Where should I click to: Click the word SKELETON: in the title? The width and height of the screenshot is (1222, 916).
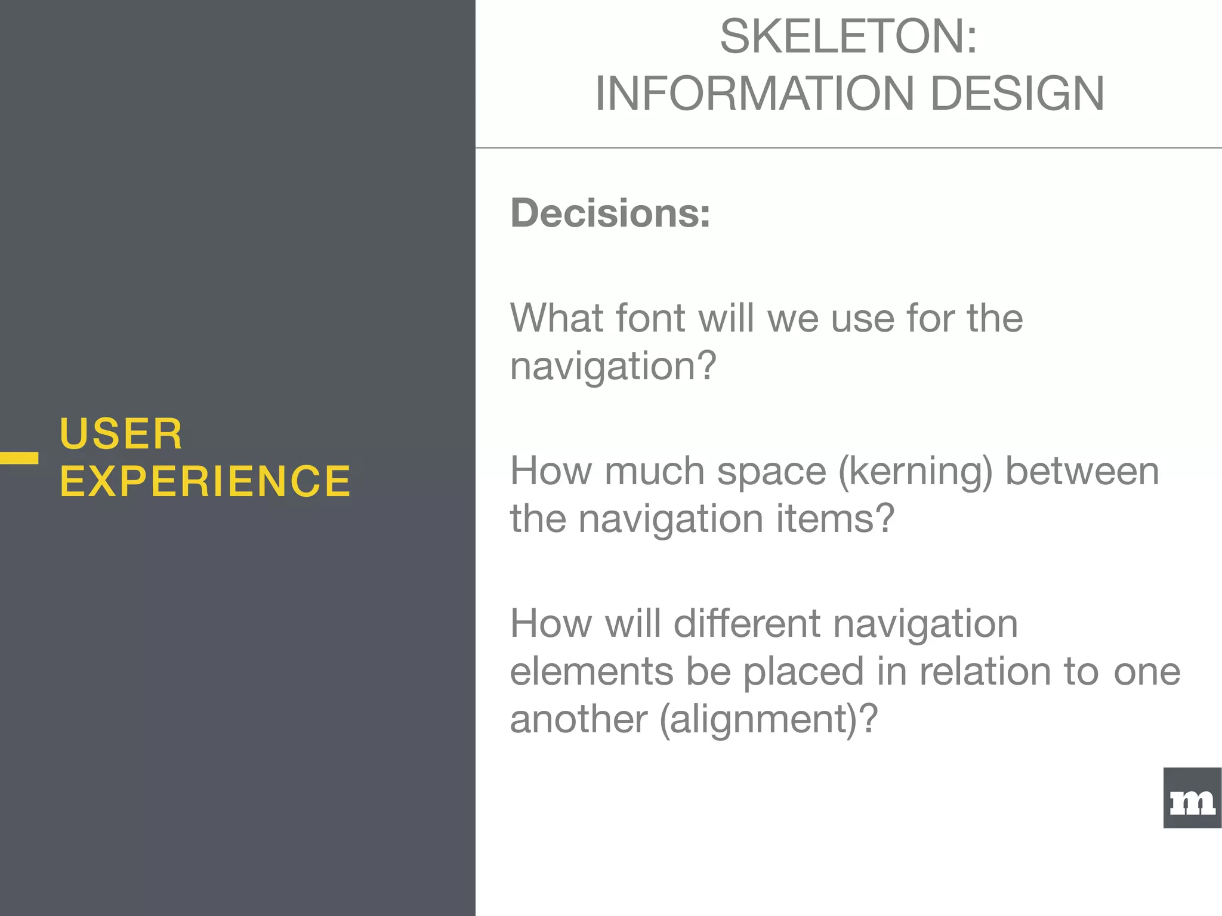(848, 37)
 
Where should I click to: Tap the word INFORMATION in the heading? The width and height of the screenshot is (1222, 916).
(754, 94)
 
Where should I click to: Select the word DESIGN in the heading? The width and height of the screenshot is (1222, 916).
(1017, 94)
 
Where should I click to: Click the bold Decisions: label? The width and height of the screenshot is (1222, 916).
(610, 213)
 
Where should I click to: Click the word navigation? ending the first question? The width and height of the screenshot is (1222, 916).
(613, 366)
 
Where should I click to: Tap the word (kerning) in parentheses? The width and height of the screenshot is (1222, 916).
(915, 472)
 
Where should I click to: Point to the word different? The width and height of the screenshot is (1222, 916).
(747, 624)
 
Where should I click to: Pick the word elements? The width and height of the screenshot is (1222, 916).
(591, 671)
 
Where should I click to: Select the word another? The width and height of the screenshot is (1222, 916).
(578, 720)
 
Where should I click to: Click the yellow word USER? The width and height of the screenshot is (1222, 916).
(121, 434)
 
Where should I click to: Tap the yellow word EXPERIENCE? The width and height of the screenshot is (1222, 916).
(205, 481)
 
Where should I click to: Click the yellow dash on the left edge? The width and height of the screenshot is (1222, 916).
(19, 458)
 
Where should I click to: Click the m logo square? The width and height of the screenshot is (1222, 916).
(1192, 798)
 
